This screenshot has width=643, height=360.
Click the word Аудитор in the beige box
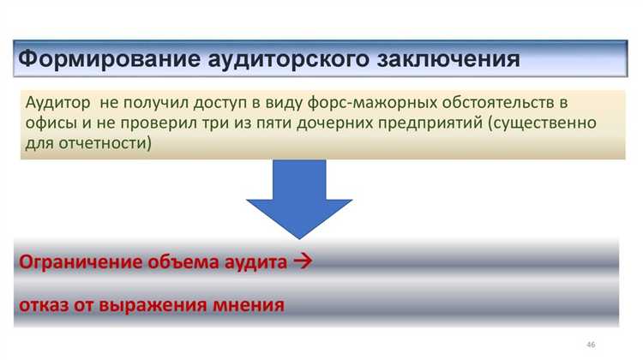[57, 103]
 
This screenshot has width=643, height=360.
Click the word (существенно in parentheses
[539, 123]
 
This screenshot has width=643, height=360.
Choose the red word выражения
[159, 304]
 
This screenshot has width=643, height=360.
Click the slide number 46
[590, 344]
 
